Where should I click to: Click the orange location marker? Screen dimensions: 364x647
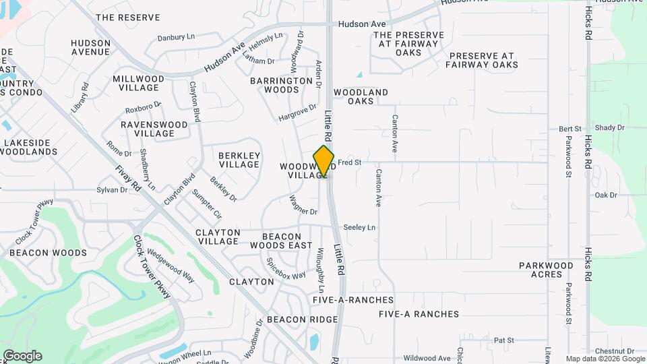point(323,161)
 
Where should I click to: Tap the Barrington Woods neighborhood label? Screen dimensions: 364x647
point(274,85)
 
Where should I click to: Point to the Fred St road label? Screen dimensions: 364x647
point(350,162)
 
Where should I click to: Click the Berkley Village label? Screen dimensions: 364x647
point(239,160)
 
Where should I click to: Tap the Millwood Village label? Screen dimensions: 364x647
point(138,83)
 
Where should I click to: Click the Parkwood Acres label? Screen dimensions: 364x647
point(546,270)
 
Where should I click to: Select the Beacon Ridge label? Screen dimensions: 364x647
point(302,319)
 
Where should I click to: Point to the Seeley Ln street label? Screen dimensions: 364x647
point(359,228)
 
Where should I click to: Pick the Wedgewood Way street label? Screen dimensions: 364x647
point(171,268)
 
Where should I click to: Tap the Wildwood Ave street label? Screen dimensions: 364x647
point(426,359)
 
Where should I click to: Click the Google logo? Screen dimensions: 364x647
point(22,355)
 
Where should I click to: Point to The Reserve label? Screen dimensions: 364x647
point(128,17)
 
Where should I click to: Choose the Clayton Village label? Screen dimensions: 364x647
point(217,237)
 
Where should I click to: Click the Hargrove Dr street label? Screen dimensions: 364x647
point(297,113)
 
